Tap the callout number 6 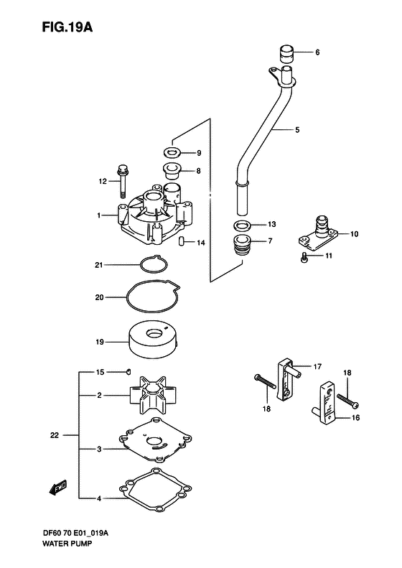317,52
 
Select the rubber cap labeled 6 287,52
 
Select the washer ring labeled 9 172,152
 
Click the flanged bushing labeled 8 172,171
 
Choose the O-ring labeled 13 242,225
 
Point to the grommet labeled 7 242,245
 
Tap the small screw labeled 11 305,256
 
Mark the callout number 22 65,434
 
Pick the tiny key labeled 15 126,371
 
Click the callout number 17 317,366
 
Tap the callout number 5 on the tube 317,130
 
